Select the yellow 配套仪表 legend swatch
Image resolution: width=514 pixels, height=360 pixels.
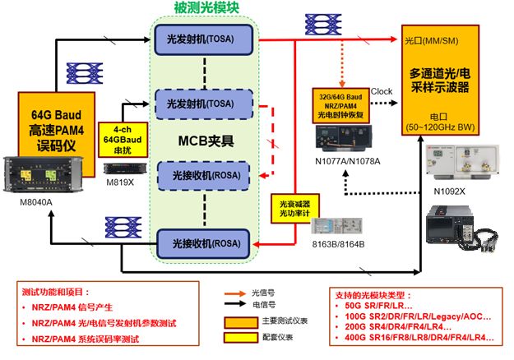[x=238, y=337]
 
